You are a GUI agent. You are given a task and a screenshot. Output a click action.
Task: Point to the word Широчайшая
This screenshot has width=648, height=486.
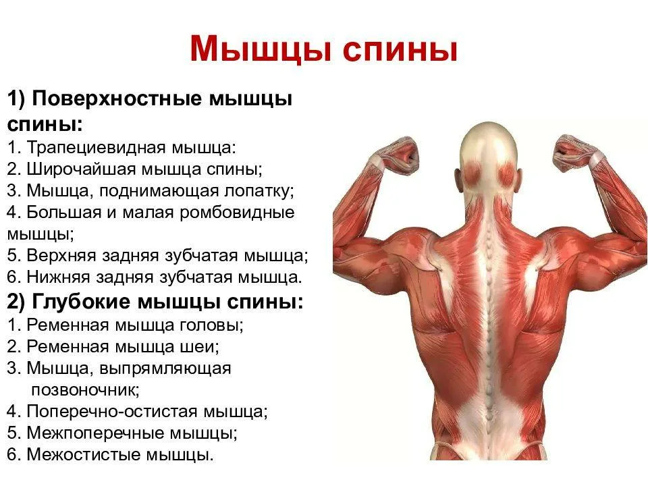point(81,169)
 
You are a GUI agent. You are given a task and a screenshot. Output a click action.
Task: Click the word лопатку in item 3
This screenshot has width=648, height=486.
point(259,191)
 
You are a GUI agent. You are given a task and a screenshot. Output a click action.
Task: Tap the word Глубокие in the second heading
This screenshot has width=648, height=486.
point(82,302)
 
